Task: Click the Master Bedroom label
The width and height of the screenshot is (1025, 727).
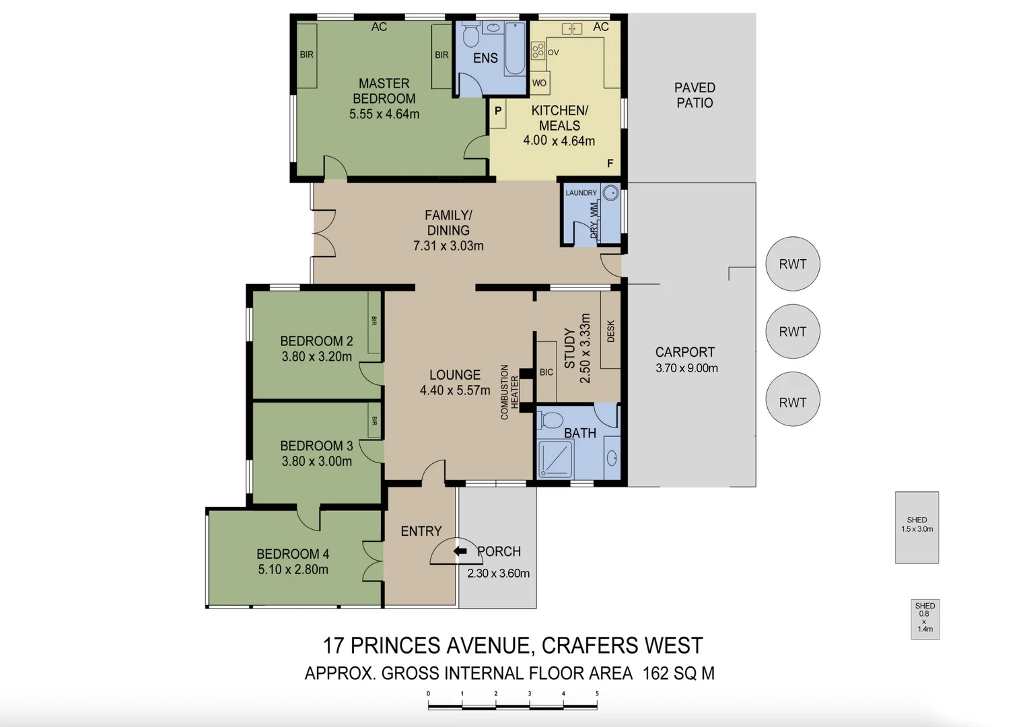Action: pyautogui.click(x=384, y=91)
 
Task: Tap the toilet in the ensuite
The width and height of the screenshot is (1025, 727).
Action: pyautogui.click(x=470, y=35)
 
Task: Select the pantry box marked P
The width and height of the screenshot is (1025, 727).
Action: pyautogui.click(x=498, y=111)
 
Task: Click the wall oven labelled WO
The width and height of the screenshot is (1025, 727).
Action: pyautogui.click(x=539, y=83)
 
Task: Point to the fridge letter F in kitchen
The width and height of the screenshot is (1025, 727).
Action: pyautogui.click(x=610, y=164)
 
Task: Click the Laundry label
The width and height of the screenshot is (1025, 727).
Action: pyautogui.click(x=581, y=193)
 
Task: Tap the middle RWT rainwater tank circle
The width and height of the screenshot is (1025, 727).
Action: pyautogui.click(x=792, y=331)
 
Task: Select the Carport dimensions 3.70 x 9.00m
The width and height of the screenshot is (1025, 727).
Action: pyautogui.click(x=686, y=368)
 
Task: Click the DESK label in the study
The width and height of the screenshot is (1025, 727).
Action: pyautogui.click(x=610, y=331)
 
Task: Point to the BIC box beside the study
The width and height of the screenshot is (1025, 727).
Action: pyautogui.click(x=546, y=372)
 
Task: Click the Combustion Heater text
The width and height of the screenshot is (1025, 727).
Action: pyautogui.click(x=509, y=392)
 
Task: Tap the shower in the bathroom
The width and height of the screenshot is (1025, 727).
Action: pyautogui.click(x=555, y=459)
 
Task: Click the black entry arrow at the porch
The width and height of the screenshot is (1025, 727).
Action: pyautogui.click(x=460, y=551)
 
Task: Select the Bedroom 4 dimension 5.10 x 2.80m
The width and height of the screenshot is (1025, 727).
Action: pyautogui.click(x=293, y=569)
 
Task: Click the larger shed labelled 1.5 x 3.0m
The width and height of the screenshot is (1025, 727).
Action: pyautogui.click(x=917, y=527)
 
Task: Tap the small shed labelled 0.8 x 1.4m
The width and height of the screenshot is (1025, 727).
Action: pyautogui.click(x=925, y=619)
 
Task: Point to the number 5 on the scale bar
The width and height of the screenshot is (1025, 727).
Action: pyautogui.click(x=597, y=693)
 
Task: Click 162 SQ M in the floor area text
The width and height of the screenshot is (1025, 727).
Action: pyautogui.click(x=678, y=673)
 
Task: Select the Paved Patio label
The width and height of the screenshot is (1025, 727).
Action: pyautogui.click(x=695, y=95)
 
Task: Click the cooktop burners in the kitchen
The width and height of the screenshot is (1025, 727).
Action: pyautogui.click(x=538, y=50)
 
